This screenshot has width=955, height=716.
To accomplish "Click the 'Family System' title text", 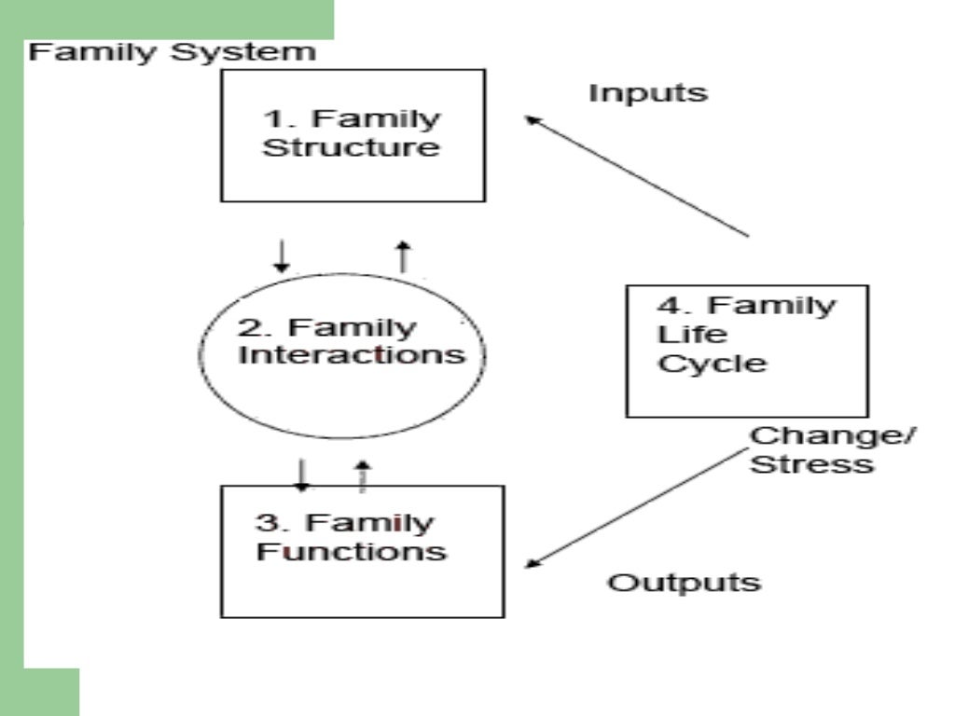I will [x=173, y=51].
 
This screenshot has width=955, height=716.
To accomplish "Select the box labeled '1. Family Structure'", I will [x=353, y=135].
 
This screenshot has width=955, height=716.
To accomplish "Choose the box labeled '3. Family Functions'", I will [x=362, y=550].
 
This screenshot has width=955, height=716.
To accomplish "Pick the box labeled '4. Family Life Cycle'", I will [x=746, y=351].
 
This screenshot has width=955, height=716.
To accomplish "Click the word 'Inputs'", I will [x=648, y=93].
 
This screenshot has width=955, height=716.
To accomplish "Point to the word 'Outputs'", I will [x=685, y=583].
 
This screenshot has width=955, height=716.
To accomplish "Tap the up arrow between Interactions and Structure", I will [x=403, y=255].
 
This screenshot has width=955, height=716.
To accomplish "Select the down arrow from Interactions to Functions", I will [x=301, y=475].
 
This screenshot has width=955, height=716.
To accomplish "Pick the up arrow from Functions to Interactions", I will [x=364, y=475].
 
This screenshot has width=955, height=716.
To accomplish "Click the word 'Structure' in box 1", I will [x=351, y=148].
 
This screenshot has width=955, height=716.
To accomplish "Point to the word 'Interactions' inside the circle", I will [x=352, y=355].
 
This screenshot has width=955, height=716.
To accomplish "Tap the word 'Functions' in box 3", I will [x=352, y=551].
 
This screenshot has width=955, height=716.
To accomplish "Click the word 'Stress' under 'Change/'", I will [x=811, y=463].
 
